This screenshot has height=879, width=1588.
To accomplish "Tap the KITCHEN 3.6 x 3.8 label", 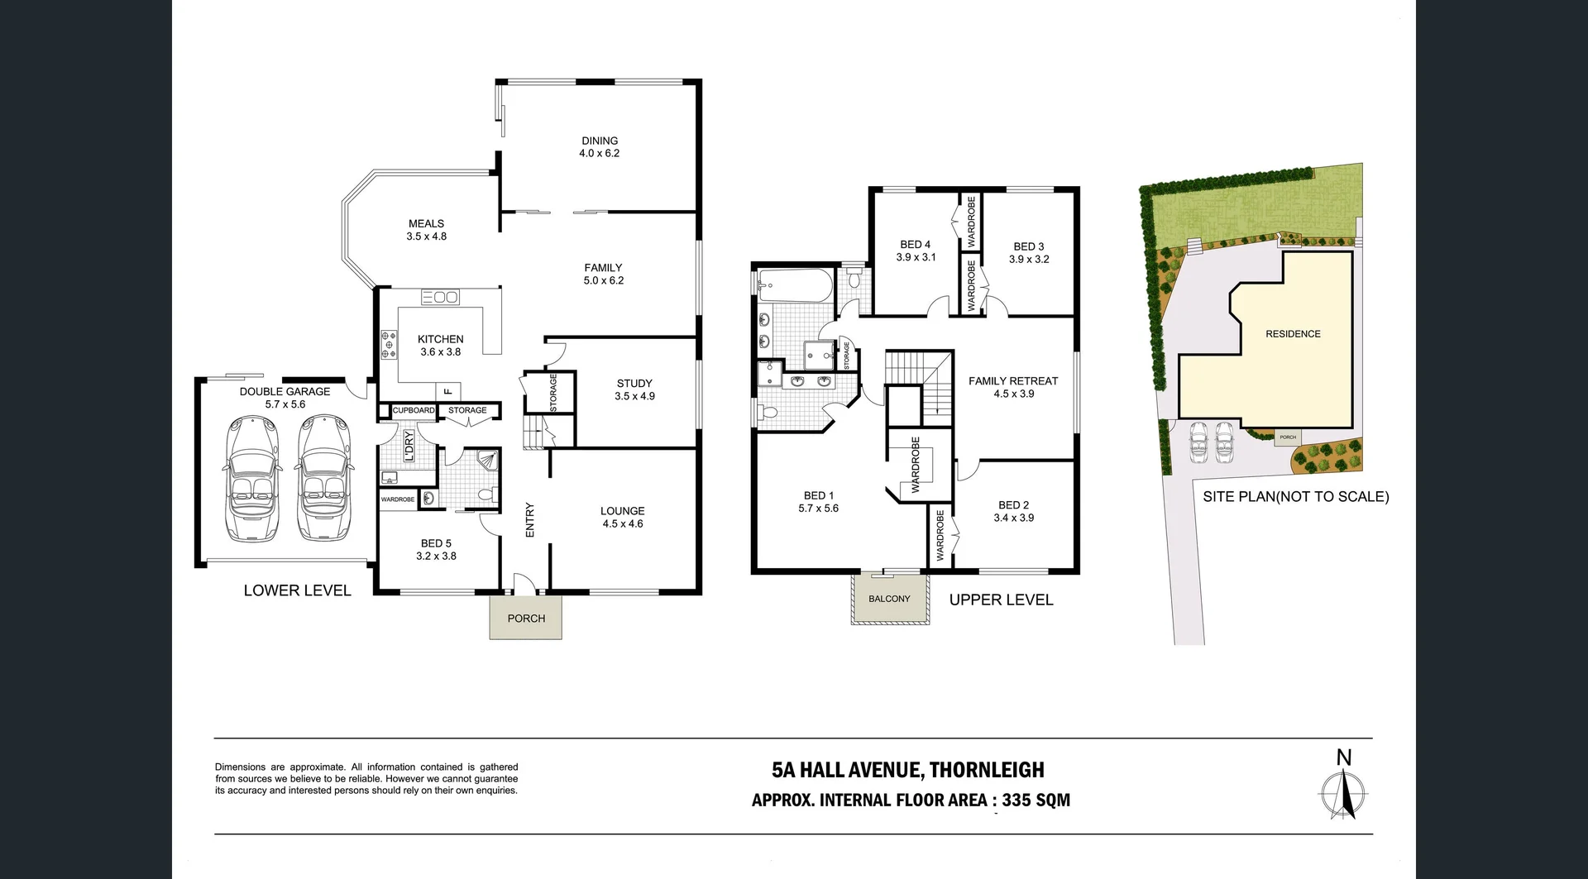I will tap(440, 346).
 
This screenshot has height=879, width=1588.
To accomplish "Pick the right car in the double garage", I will tap(321, 479).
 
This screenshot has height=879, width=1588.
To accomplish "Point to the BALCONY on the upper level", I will tap(889, 599).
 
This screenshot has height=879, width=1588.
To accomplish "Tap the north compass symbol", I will tap(1343, 792).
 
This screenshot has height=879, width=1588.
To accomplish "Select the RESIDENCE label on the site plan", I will tap(1293, 334).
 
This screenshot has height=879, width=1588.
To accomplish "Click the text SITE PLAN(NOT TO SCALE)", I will tap(1295, 496).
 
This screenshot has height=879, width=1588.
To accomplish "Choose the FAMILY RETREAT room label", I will tap(1013, 387).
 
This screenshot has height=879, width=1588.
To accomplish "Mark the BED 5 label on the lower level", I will tap(436, 550).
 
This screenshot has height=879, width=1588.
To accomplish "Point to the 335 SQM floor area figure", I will tap(1036, 800).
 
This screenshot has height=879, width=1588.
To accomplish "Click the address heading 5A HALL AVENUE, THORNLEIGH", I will tap(907, 770).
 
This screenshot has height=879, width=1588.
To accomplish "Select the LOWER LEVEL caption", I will tap(297, 590).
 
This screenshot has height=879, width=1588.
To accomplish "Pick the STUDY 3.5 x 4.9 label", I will tap(634, 389).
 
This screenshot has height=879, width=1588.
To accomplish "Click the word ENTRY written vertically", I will tap(530, 520).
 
